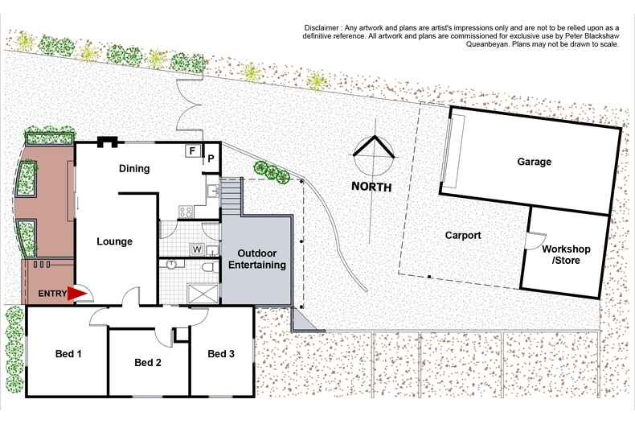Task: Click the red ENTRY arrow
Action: coord(75,294)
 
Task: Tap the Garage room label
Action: coord(534,162)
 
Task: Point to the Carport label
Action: coord(463,236)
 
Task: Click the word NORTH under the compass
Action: coord(371,187)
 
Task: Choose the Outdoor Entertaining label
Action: coord(257,259)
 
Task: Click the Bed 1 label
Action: coord(69,353)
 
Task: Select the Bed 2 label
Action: coord(148,363)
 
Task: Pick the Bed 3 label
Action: coord(221,353)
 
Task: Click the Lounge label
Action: coord(114,241)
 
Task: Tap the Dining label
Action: coord(134,169)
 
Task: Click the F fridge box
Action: coord(192,150)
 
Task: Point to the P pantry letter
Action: coord(211,158)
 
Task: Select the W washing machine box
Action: coord(197,249)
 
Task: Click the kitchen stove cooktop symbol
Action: coord(186,212)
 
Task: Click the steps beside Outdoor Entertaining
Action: coord(231,196)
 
